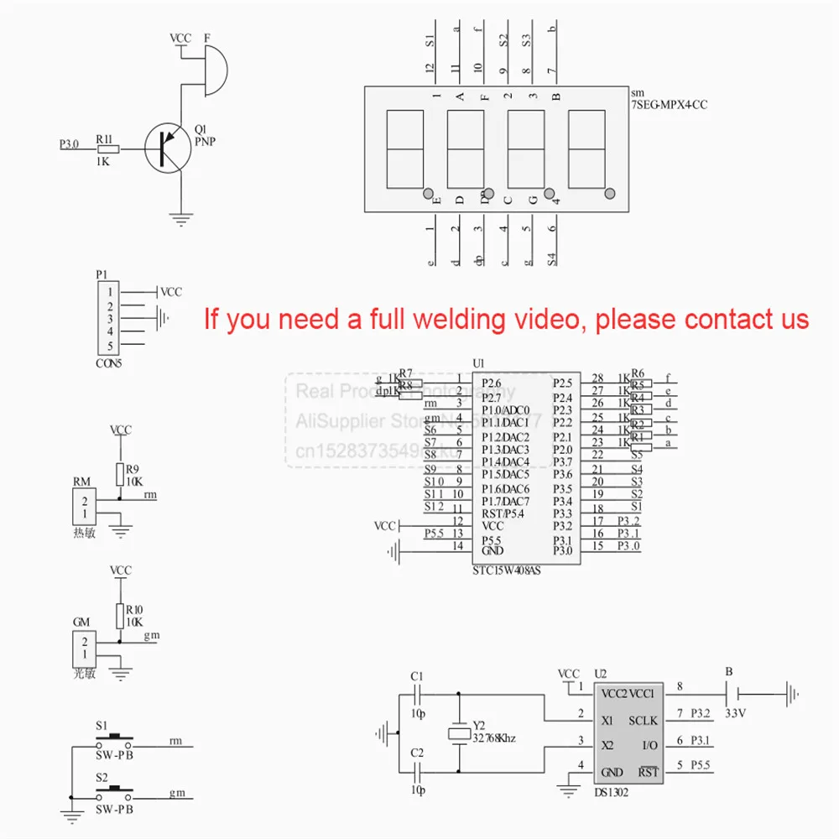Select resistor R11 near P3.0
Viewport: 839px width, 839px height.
coord(107,149)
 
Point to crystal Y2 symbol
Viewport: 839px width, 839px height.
coord(458,733)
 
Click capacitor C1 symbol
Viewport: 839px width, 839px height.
coord(417,695)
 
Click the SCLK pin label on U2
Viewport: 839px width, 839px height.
coord(643,721)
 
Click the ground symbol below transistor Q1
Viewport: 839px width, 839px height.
coord(180,220)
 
